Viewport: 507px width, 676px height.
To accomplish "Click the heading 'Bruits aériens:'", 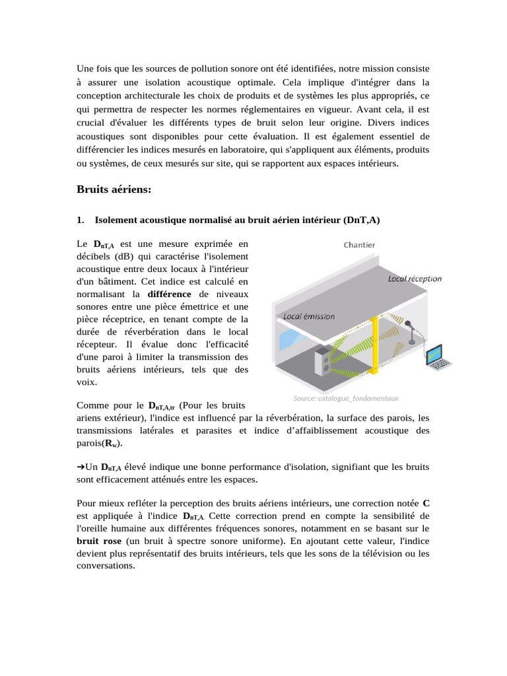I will coord(114,190).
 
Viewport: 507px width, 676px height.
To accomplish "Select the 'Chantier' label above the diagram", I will coord(359,245).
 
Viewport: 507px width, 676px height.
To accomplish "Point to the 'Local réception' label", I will coord(415,279).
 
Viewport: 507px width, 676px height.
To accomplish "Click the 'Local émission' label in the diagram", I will coord(309,316).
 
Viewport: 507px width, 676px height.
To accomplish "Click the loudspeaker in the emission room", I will coord(324,362).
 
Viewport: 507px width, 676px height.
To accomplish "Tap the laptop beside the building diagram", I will coord(436,356).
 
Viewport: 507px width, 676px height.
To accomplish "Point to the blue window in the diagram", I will coord(289,341).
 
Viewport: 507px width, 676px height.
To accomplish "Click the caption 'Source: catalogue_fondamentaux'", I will coord(346,398).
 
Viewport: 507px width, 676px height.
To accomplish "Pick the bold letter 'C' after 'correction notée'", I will coord(426,503).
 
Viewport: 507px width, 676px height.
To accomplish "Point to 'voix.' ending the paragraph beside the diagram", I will coord(87,382).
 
